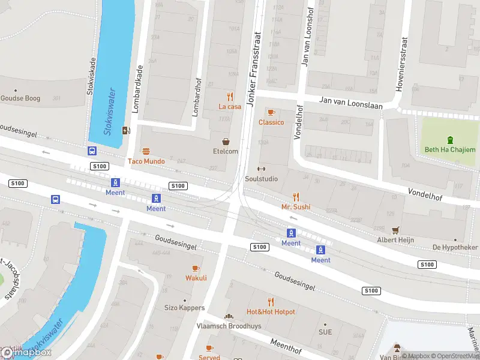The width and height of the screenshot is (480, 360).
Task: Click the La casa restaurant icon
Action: point(230,97)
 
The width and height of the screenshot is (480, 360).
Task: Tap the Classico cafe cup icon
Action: point(271,112)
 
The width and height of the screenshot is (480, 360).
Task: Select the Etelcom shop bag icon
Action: point(226,142)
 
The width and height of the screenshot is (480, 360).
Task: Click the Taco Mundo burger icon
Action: point(145,151)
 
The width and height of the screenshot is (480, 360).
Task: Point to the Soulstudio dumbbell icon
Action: point(260,169)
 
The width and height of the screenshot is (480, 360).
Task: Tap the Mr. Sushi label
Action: point(296,207)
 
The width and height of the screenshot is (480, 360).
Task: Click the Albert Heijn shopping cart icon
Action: point(395,230)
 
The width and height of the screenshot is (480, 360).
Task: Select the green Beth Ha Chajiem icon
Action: point(450,140)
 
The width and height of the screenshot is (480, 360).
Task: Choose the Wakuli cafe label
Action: point(196,278)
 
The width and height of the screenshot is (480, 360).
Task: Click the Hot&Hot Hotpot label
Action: point(271,312)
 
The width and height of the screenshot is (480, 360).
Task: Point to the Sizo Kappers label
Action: point(184,308)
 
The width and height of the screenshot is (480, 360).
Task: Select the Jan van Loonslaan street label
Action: point(350,102)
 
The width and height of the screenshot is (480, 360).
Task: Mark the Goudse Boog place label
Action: point(20,98)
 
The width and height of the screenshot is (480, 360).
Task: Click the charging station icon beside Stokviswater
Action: point(126,130)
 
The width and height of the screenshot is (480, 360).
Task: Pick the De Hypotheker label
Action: point(455,247)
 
